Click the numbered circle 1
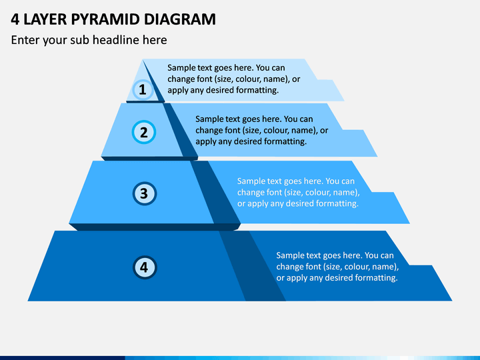click(x=143, y=90)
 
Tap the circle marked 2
click(x=144, y=132)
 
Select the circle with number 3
click(x=145, y=193)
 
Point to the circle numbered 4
click(x=145, y=267)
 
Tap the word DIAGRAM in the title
click(x=180, y=19)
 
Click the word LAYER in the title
click(x=45, y=19)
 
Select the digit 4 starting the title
click(x=15, y=19)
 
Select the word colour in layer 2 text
click(x=276, y=131)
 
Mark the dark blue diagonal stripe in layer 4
click(x=253, y=266)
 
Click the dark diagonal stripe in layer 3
click(x=215, y=192)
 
